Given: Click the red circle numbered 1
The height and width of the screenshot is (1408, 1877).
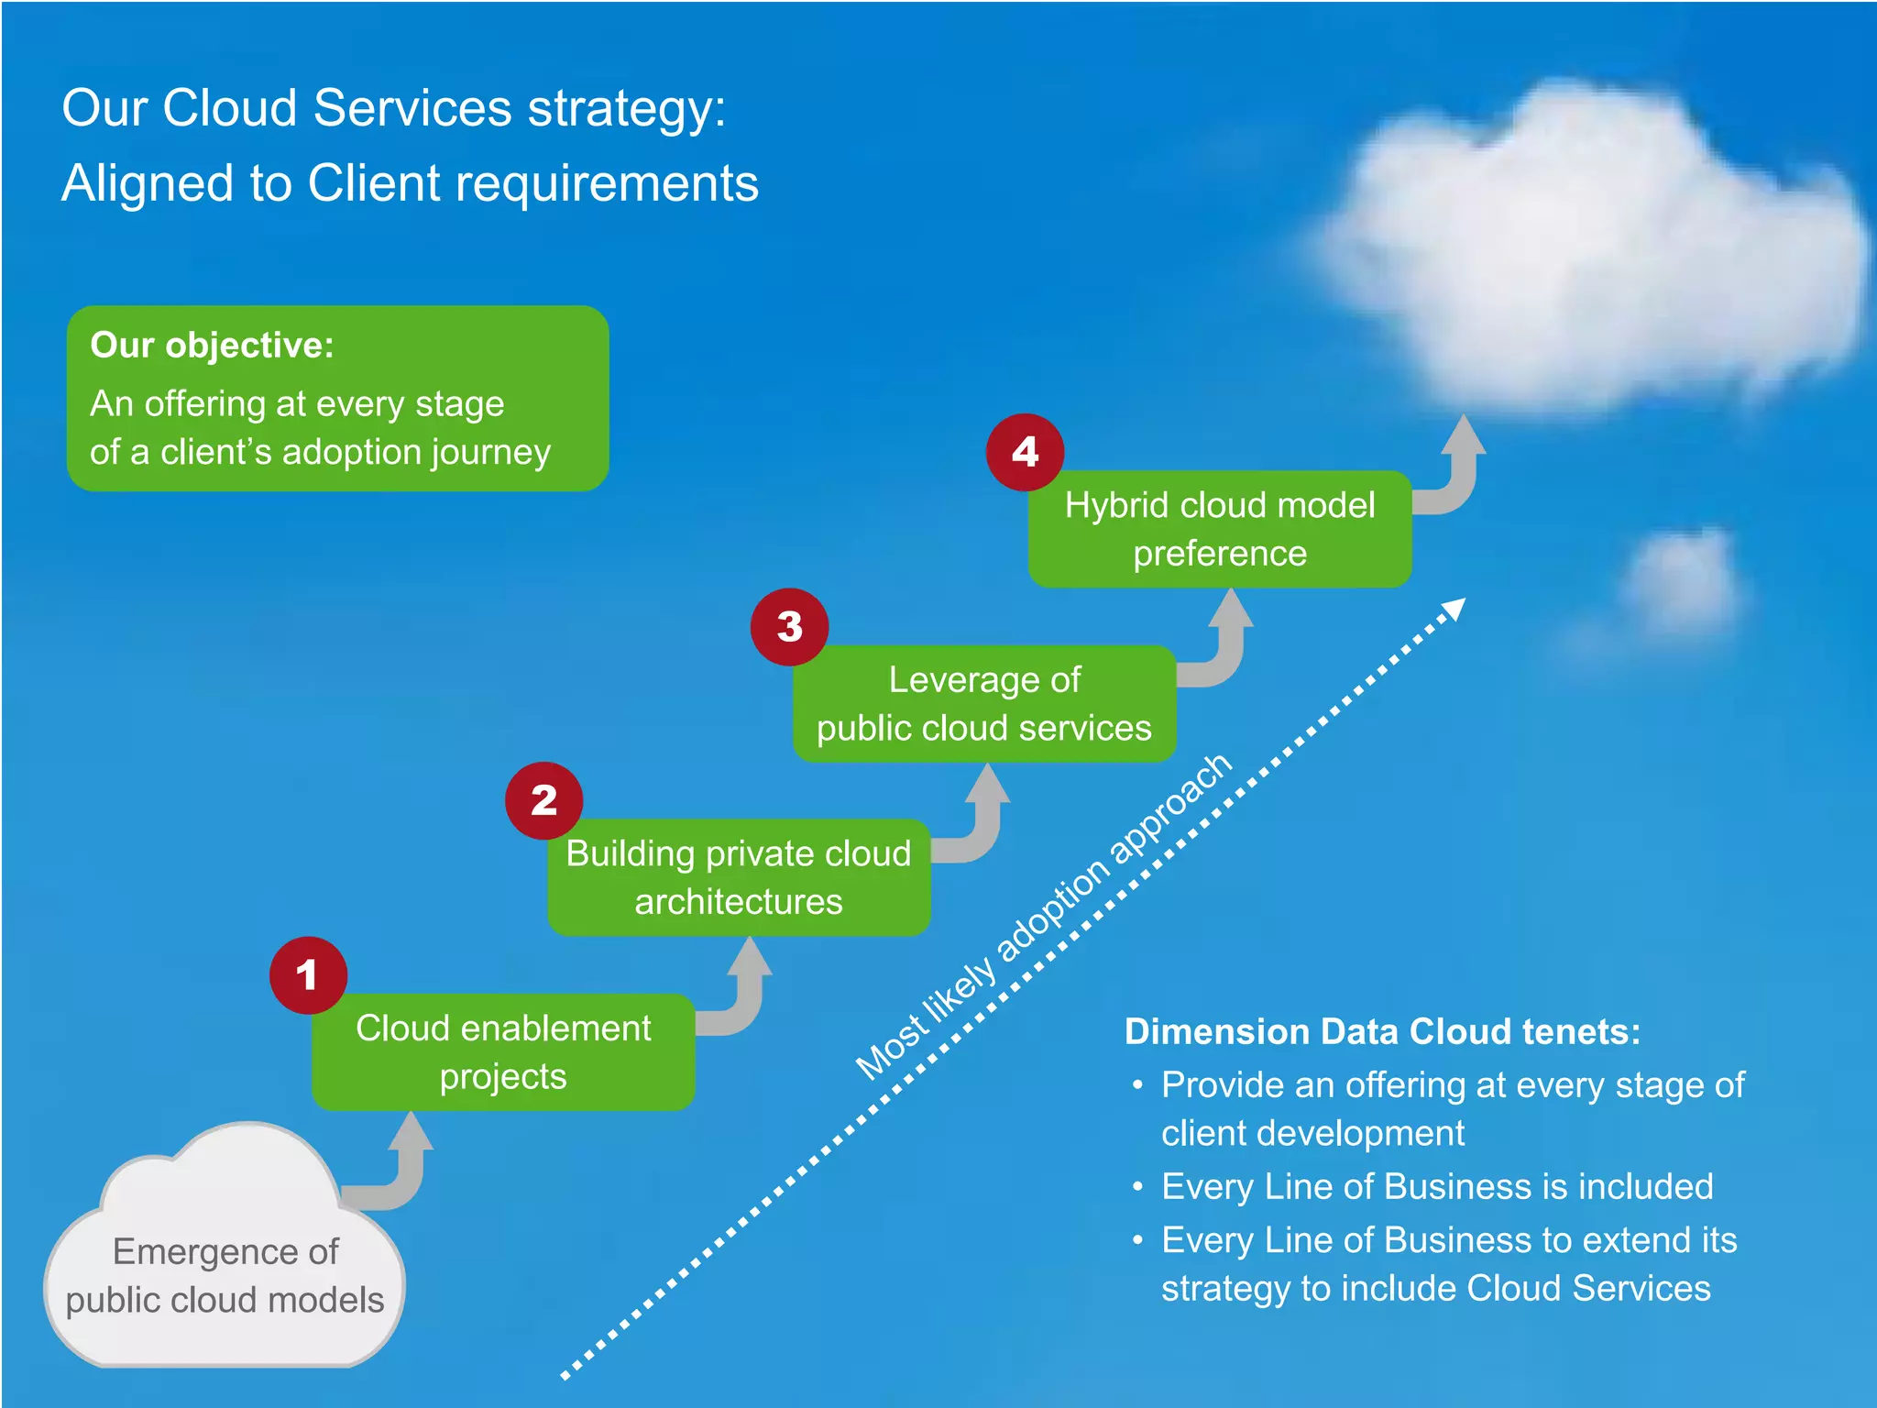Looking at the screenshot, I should point(308,975).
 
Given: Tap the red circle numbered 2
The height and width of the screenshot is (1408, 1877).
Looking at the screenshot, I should point(544,801).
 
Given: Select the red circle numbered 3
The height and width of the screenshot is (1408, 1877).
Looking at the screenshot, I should point(789,627).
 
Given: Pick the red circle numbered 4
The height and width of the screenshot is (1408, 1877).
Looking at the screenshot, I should point(1025,452).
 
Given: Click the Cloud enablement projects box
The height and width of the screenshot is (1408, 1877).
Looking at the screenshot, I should point(503,1052).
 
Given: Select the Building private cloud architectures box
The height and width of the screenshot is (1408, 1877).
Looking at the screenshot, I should point(739,877).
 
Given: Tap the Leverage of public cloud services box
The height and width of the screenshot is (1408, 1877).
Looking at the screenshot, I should point(984,703).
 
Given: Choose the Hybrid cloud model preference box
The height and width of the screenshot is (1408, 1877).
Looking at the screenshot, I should point(1220,529).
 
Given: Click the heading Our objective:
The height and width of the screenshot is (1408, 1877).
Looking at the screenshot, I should point(212,346).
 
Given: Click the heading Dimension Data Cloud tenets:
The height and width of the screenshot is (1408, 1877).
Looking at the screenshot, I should point(1382,1031).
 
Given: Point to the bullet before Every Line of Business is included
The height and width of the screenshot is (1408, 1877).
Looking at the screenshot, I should point(1137,1188).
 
